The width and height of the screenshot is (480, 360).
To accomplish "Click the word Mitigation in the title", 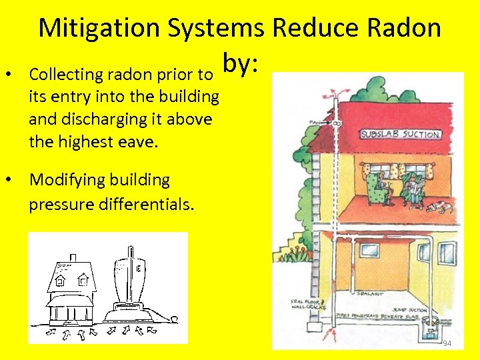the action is (x=99, y=28).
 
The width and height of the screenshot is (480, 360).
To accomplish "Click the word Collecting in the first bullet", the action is (x=63, y=74).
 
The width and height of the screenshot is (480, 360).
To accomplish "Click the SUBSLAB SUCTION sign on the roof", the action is (x=401, y=134).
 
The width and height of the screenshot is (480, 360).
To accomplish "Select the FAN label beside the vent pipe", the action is (x=313, y=123).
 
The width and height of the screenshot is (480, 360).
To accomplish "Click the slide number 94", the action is (x=447, y=343).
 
